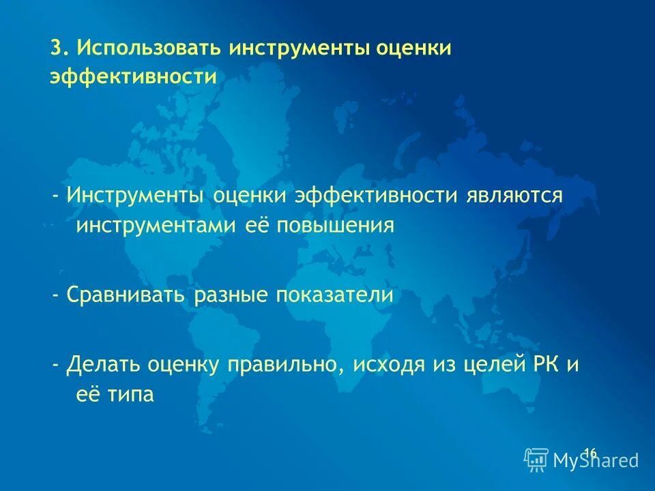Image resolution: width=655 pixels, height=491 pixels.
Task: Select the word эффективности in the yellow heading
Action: coord(132,76)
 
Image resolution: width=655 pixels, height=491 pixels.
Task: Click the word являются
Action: coord(515,195)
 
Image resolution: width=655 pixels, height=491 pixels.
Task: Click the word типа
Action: coord(130,395)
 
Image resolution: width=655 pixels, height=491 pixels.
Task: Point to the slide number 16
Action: coord(590,452)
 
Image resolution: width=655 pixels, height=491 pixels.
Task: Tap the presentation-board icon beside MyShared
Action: coord(536,460)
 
